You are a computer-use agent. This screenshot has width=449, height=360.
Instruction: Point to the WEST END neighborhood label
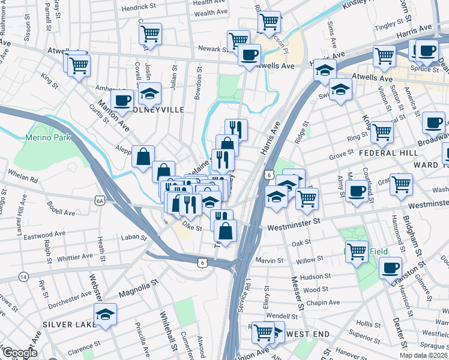point(307,334)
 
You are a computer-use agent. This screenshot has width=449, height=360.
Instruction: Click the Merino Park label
point(48,137)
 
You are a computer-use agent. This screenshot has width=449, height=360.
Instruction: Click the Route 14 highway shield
point(23,277)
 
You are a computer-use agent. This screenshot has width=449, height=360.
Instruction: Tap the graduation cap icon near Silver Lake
point(105,313)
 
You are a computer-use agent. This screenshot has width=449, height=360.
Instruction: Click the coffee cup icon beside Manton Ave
point(122,100)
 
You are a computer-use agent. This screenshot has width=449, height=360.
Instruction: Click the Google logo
point(19,353)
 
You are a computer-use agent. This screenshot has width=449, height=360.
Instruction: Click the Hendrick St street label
point(139,8)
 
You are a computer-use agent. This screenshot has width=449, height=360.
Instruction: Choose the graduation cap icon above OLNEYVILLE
point(150,92)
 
